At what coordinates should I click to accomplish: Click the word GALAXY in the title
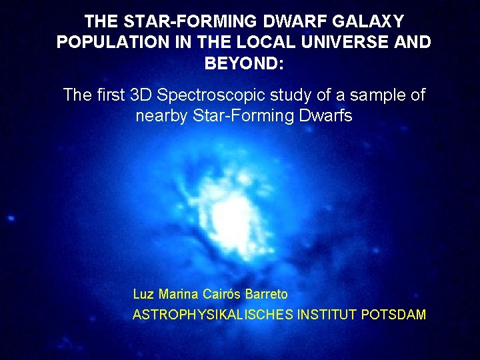point(366,22)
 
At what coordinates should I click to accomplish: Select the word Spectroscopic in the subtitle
point(209,95)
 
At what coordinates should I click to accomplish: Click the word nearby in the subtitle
point(162,115)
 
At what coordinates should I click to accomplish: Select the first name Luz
point(143,294)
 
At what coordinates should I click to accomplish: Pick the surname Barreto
point(267,294)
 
